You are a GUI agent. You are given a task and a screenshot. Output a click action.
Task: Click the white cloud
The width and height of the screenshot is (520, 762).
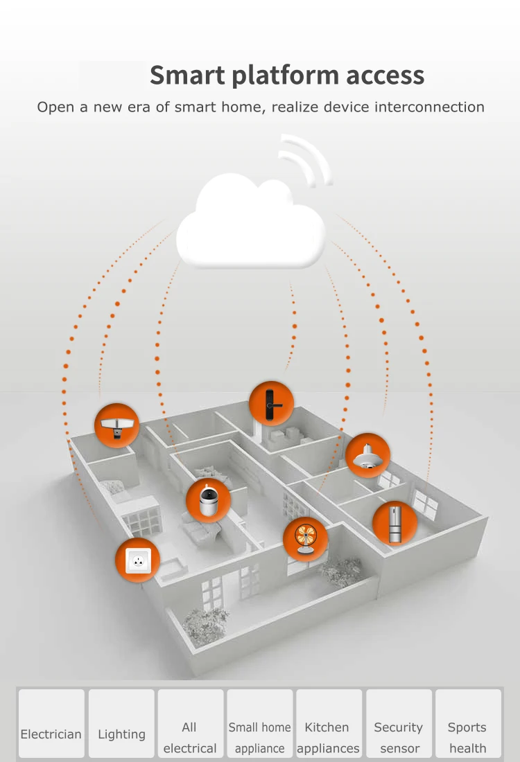(251, 225)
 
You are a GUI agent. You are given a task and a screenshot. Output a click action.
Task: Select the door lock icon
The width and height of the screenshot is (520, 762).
(271, 402)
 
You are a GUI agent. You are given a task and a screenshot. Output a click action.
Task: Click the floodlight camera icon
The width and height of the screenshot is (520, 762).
(116, 425)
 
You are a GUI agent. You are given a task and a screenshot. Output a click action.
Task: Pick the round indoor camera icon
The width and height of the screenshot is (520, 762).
(208, 500)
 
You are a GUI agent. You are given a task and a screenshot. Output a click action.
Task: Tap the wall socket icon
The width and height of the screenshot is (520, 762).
(137, 560)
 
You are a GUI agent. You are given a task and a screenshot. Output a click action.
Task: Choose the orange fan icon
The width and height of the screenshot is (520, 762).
(306, 540)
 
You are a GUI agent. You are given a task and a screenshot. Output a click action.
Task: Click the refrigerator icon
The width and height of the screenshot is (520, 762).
(395, 523)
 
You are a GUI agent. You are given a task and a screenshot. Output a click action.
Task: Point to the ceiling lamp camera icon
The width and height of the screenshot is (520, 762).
(367, 455)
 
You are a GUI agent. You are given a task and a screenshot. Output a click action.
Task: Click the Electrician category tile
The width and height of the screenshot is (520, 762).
(51, 723)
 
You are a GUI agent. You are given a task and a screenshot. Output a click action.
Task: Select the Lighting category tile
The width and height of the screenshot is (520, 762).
(121, 723)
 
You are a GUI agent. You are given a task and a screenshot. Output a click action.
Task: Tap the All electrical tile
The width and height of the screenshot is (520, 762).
(190, 723)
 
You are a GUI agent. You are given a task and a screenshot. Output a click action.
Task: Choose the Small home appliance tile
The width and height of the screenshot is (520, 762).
(260, 723)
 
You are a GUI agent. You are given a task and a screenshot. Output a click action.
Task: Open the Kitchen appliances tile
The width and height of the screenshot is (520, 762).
(329, 723)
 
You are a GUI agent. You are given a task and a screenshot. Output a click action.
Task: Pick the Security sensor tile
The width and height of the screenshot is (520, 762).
(399, 723)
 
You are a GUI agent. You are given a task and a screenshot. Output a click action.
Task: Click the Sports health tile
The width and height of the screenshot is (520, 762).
(467, 723)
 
